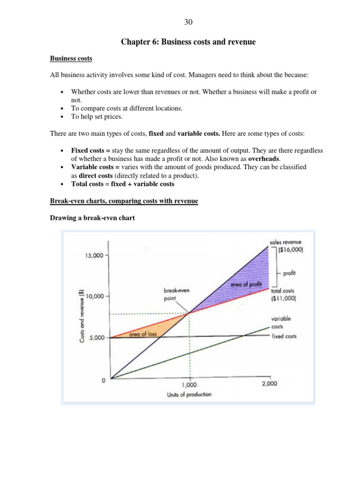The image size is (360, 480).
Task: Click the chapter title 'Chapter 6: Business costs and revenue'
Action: [x=188, y=42]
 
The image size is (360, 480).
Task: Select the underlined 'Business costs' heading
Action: [x=71, y=59]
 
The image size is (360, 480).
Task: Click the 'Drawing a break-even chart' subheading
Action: [x=92, y=217]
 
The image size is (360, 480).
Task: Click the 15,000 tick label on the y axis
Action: [x=94, y=255]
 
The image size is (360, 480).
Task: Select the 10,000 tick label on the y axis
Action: [x=94, y=296]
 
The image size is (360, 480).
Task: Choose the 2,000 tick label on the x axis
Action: [x=269, y=383]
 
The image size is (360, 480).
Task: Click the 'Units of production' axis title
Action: [x=189, y=394]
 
